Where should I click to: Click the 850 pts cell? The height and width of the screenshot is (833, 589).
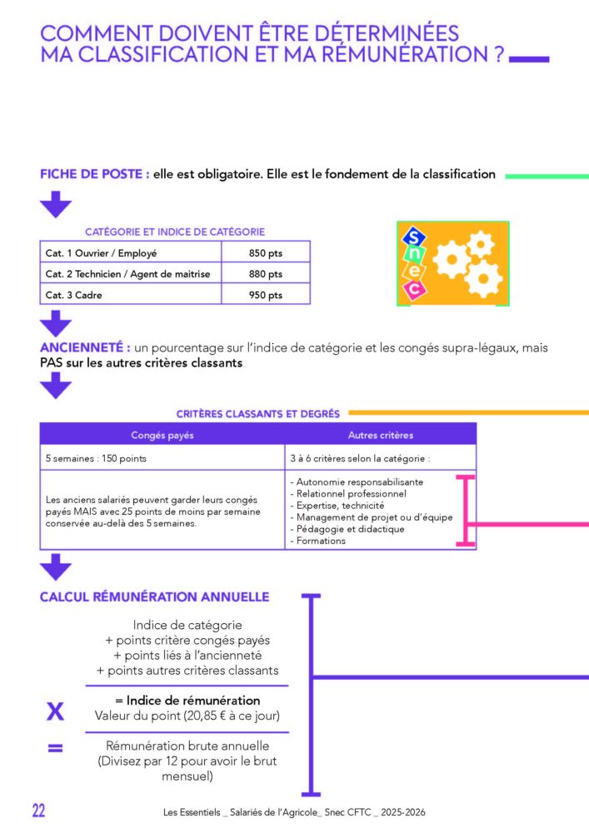pyautogui.click(x=266, y=253)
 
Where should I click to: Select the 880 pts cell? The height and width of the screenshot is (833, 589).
pyautogui.click(x=266, y=273)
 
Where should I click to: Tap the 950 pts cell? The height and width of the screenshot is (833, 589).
pyautogui.click(x=266, y=295)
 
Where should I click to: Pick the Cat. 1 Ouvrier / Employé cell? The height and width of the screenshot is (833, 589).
pyautogui.click(x=131, y=253)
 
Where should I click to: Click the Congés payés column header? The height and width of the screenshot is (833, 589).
pyautogui.click(x=162, y=435)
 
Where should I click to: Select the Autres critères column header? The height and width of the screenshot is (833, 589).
pyautogui.click(x=380, y=435)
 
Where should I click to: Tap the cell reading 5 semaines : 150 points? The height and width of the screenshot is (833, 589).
pyautogui.click(x=162, y=458)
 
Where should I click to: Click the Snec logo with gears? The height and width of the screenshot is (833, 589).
pyautogui.click(x=453, y=263)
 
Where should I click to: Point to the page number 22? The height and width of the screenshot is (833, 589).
pyautogui.click(x=39, y=811)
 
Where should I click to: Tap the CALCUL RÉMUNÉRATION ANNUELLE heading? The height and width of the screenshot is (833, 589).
pyautogui.click(x=155, y=596)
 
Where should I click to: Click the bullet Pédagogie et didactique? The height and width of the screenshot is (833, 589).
pyautogui.click(x=347, y=529)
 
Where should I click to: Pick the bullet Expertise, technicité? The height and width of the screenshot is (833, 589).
pyautogui.click(x=337, y=506)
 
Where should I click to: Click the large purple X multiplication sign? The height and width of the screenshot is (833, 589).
pyautogui.click(x=55, y=711)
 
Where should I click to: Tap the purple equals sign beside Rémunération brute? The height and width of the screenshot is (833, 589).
pyautogui.click(x=55, y=748)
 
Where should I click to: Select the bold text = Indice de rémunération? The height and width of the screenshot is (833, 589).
pyautogui.click(x=187, y=701)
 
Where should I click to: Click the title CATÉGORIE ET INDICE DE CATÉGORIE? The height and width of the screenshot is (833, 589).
pyautogui.click(x=175, y=232)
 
